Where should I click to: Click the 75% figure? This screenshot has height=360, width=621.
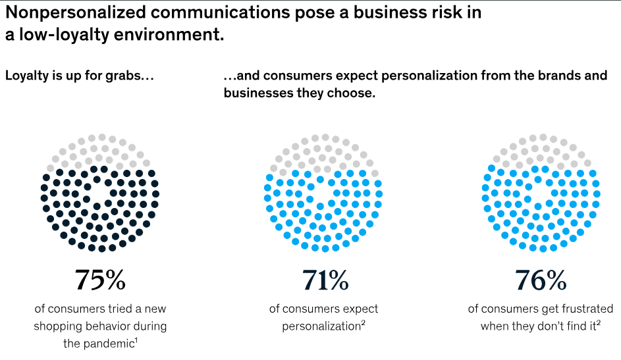100,280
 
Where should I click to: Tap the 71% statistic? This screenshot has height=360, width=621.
325,280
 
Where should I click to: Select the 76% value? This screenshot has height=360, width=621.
541,280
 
